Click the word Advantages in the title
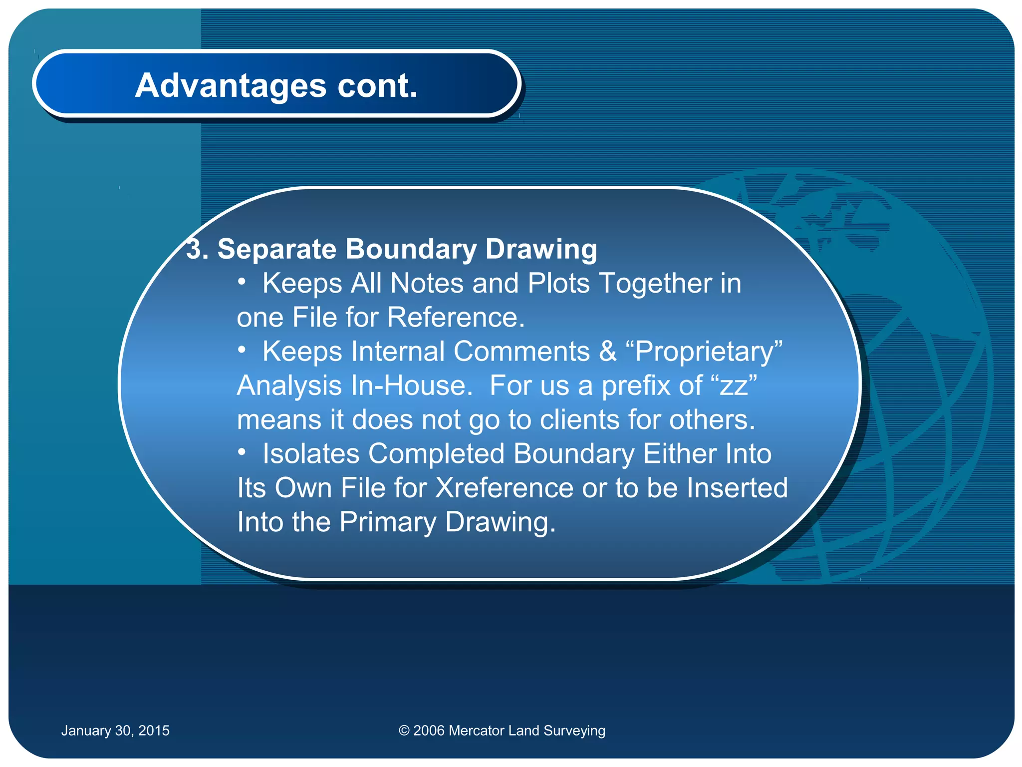(x=231, y=85)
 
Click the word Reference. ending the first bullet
(x=456, y=318)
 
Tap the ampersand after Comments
(x=607, y=352)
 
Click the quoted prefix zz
(x=734, y=386)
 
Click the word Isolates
(x=311, y=454)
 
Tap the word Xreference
(x=504, y=488)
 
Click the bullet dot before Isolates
(x=242, y=452)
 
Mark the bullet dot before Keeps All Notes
(x=242, y=282)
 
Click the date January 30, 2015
(x=115, y=731)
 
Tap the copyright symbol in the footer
(x=404, y=731)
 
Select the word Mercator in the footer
(x=476, y=731)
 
